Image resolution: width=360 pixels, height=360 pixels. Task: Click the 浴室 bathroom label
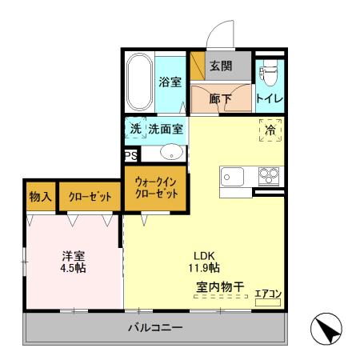click(170, 81)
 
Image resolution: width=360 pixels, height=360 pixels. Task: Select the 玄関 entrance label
click(221, 66)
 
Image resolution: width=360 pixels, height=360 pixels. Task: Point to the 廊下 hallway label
click(220, 99)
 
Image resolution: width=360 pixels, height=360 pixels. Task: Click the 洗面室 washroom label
click(165, 127)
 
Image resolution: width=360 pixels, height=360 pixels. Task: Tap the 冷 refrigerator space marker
click(270, 129)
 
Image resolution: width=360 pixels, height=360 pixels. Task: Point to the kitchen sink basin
click(232, 176)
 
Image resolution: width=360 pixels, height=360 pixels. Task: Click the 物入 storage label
click(40, 197)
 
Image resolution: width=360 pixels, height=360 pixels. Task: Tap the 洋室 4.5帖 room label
click(74, 262)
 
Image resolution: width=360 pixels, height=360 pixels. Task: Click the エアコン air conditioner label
click(268, 294)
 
